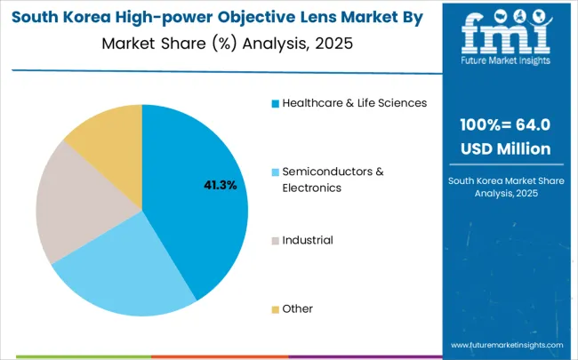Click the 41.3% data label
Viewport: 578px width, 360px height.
(x=221, y=185)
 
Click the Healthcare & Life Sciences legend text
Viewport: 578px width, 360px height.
(x=355, y=102)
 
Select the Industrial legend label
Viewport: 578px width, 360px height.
(x=308, y=240)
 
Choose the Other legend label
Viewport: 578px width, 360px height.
(x=298, y=308)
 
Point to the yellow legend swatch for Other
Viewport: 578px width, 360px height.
(x=276, y=309)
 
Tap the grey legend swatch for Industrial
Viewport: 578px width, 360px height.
(x=276, y=241)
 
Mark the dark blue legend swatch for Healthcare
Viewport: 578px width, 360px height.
(x=276, y=103)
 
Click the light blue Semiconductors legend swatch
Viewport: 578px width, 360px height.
(x=276, y=172)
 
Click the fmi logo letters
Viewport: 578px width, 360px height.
(x=505, y=34)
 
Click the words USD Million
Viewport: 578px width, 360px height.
(x=504, y=148)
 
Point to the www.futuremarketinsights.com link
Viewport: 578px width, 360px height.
(x=507, y=344)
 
